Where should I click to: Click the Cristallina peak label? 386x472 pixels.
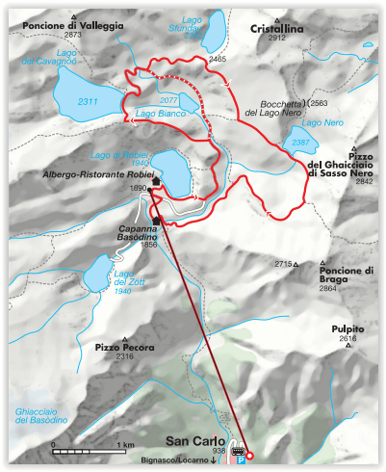[278, 29]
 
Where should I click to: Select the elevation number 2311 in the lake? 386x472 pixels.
[89, 100]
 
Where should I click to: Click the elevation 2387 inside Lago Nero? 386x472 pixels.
[300, 143]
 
